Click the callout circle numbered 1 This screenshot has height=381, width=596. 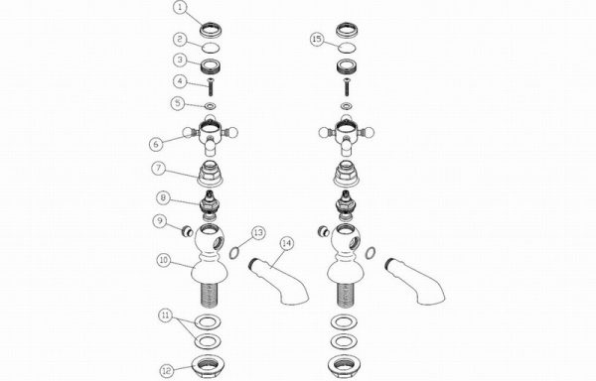coord(181,7)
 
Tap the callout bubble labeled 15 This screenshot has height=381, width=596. coord(318,39)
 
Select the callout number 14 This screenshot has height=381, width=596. coord(287,243)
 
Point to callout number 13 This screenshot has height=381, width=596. coord(258,232)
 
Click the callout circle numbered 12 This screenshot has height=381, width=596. coord(167,370)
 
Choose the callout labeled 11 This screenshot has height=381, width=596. coord(166,316)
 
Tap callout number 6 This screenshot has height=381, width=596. coord(157,144)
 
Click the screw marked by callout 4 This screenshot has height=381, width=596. coord(211,87)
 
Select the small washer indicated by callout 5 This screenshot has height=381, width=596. coord(211,105)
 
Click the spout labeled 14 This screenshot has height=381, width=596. coord(277,280)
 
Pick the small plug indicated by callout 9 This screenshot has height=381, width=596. coord(187,231)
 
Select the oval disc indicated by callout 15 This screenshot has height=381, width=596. coord(347,48)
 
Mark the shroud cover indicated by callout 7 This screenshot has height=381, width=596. coord(210,173)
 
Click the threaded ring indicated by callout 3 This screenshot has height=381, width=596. coord(211,66)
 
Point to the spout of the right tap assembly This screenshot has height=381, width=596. coord(414,280)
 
